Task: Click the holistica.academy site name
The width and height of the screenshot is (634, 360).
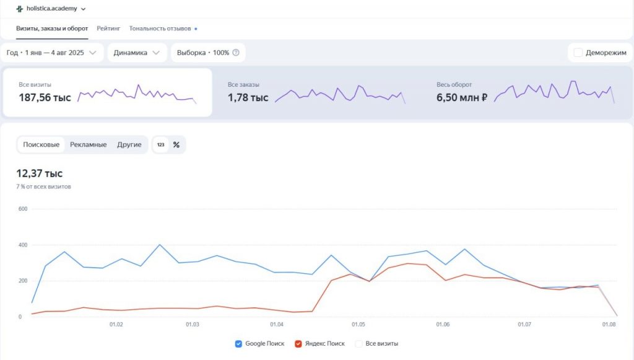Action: [x=56, y=9]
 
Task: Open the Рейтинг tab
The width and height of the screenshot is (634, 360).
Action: [x=108, y=29]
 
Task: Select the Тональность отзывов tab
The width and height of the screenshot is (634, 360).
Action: [x=160, y=29]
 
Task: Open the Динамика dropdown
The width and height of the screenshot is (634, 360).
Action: [x=137, y=53]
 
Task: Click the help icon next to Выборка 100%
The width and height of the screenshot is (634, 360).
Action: [x=236, y=53]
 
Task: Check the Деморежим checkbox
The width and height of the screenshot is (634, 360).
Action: [x=578, y=53]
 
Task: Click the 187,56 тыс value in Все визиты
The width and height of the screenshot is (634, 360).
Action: [x=45, y=97]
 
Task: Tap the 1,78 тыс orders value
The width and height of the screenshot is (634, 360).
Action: [x=248, y=97]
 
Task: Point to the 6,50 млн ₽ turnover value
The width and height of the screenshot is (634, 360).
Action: [x=462, y=97]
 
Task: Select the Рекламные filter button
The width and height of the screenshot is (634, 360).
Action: [x=88, y=144]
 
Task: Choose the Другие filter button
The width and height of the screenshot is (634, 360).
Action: [x=129, y=144]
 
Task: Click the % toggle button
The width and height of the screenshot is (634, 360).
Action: [x=176, y=144]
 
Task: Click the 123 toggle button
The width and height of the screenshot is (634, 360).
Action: [x=160, y=144]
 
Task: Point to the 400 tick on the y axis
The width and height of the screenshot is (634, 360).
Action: [x=23, y=245]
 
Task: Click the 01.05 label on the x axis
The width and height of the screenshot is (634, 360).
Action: [x=358, y=325]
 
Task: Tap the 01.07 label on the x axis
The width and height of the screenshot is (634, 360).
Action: [x=524, y=325]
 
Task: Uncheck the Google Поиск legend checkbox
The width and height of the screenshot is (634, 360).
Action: [x=239, y=343]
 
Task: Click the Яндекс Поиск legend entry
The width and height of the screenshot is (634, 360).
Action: [x=319, y=343]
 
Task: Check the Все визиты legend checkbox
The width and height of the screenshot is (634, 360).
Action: [x=358, y=343]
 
